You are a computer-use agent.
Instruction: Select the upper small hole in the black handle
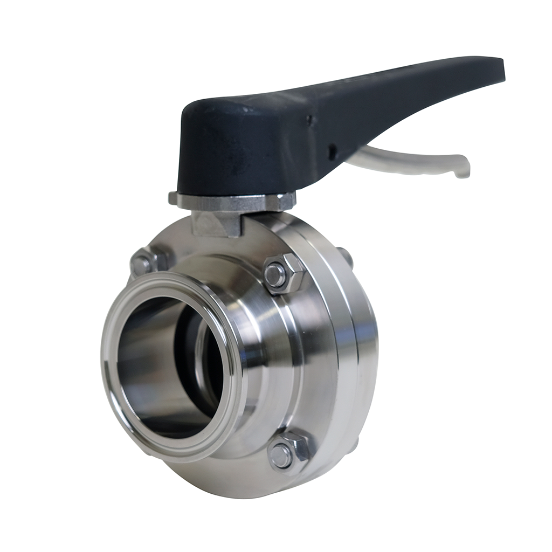309,119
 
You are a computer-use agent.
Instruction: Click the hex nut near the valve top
284,274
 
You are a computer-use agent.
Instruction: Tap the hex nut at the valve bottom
288,453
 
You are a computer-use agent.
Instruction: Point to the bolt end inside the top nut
275,277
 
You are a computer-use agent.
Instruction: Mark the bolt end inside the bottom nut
281,456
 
